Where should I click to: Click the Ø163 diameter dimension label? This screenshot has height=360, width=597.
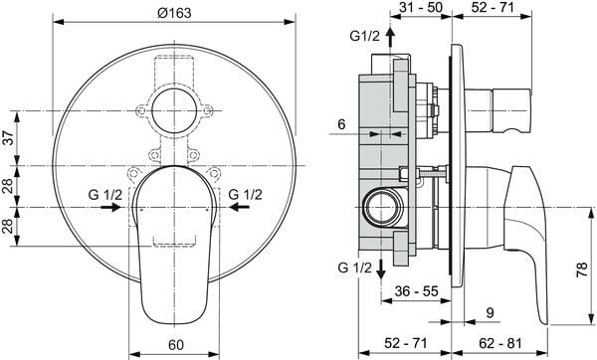pyautogui.click(x=174, y=13)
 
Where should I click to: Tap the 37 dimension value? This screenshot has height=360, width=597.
pyautogui.click(x=9, y=137)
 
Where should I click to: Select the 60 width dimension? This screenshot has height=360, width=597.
pyautogui.click(x=175, y=345)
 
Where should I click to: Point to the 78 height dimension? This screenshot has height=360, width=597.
pyautogui.click(x=582, y=270)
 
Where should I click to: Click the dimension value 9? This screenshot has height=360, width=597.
pyautogui.click(x=490, y=313)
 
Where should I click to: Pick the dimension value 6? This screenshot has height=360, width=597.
pyautogui.click(x=341, y=124)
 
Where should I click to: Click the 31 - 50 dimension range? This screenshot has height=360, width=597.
pyautogui.click(x=421, y=7)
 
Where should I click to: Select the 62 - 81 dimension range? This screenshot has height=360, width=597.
pyautogui.click(x=500, y=343)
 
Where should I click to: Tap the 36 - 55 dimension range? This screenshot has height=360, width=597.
pyautogui.click(x=416, y=291)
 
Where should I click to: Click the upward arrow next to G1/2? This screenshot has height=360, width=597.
pyautogui.click(x=390, y=37)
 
